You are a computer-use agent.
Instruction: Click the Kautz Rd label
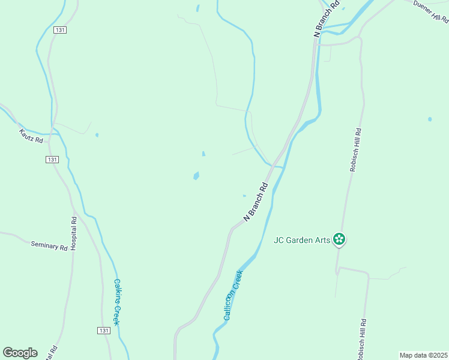coord(31,136)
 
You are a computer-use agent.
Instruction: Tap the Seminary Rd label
coord(49,245)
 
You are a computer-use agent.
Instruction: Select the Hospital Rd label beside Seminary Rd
coord(74,233)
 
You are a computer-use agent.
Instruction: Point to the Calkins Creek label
coord(118,302)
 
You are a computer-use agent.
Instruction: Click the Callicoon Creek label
coord(234,295)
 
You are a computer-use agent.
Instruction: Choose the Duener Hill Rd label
coord(431,12)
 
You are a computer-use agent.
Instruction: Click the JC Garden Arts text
coord(302,240)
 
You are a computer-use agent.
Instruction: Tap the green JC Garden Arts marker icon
coord(339,239)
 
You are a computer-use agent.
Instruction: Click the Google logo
coord(20,353)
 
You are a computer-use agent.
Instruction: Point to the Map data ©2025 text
coord(424,355)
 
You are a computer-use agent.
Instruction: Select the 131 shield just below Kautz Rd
coord(52,159)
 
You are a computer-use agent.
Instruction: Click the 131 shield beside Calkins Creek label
coord(103,331)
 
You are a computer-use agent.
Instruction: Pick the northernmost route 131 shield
coord(59,29)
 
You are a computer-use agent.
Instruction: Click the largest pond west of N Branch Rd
coord(196,176)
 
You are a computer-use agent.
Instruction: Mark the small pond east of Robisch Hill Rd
coord(430,119)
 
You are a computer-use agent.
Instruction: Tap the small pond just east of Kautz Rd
coord(97,135)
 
